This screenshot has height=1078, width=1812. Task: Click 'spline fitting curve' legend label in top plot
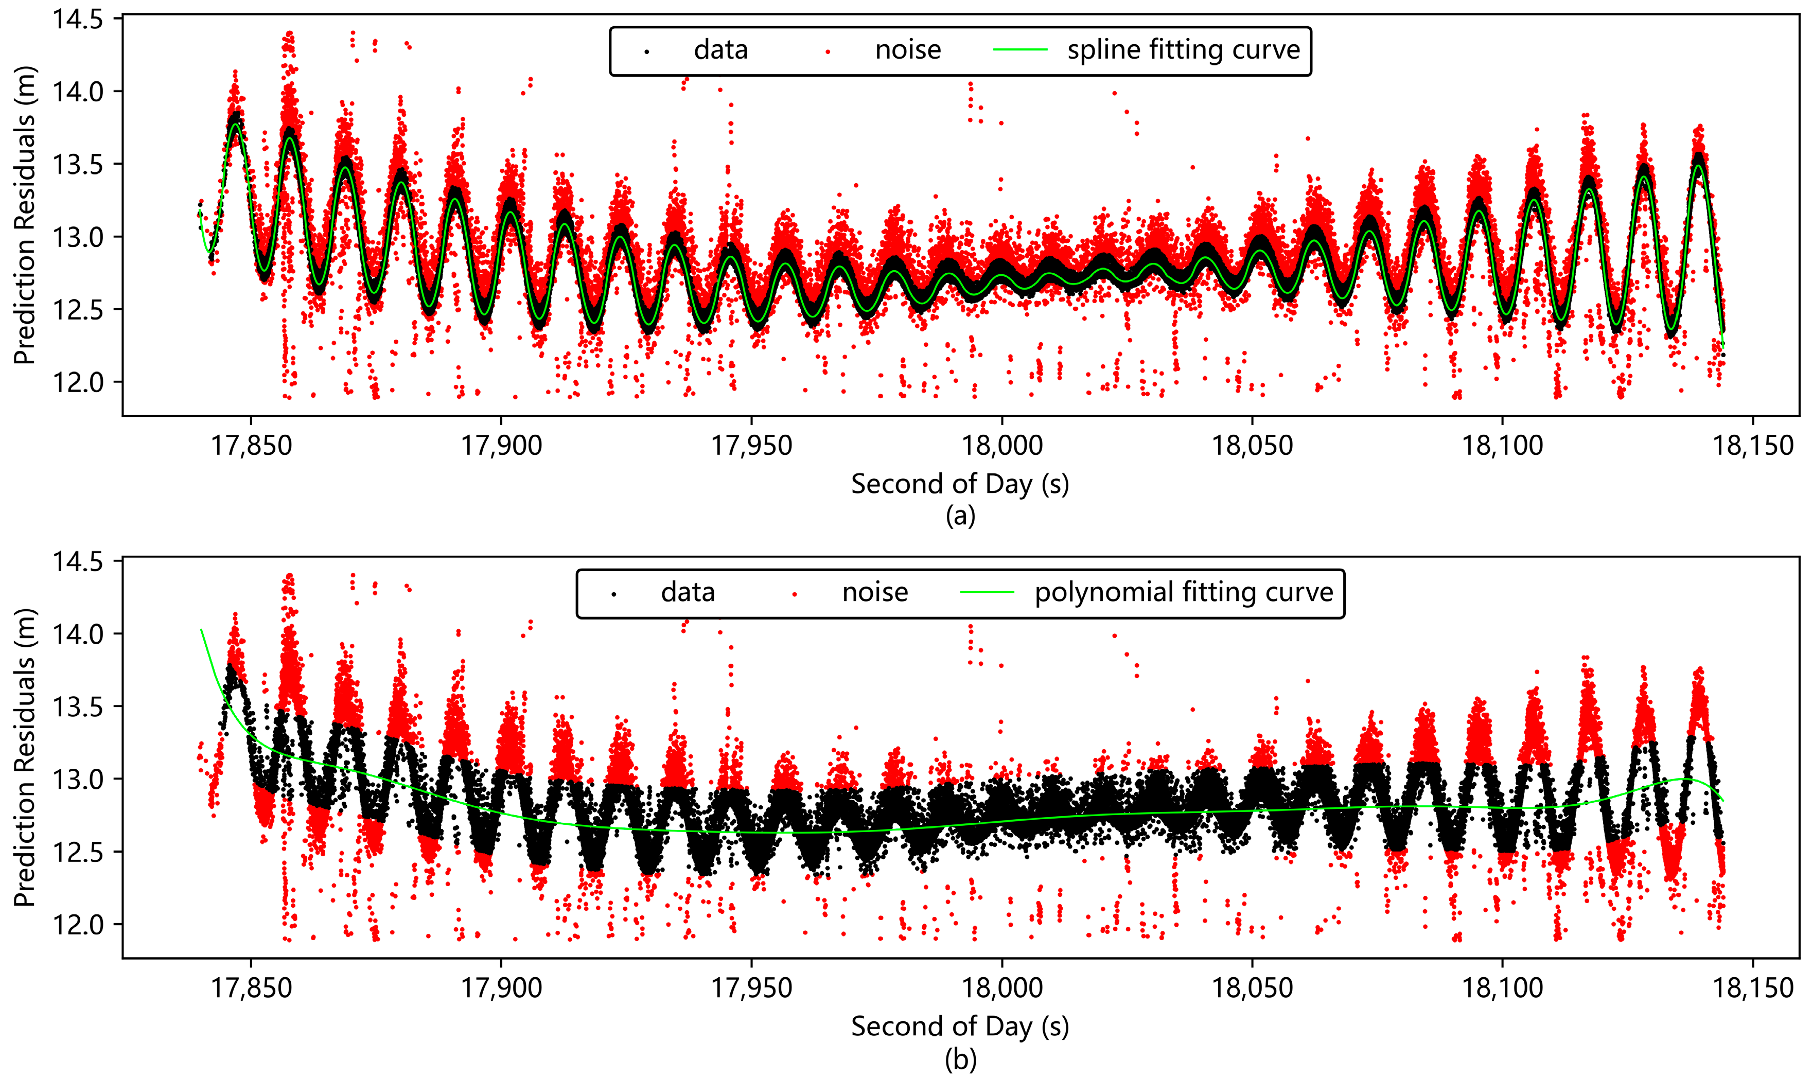pos(1183,50)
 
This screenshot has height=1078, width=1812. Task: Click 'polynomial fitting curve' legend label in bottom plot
pos(1184,593)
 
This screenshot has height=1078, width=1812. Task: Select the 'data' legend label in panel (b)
pos(688,593)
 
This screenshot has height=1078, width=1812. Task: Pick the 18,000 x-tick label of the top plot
pos(1002,445)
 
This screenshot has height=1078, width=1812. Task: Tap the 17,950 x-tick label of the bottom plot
pos(751,987)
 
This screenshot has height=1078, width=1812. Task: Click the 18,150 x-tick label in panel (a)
pos(1752,445)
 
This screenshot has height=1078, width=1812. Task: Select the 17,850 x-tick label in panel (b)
pos(251,987)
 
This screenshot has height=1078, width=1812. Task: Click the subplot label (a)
pos(960,516)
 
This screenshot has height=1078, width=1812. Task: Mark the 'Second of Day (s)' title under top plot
pos(960,484)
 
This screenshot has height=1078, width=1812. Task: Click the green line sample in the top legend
pos(1019,50)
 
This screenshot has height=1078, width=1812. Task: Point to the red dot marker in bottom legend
pos(794,594)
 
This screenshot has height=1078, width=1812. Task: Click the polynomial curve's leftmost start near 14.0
pos(202,630)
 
